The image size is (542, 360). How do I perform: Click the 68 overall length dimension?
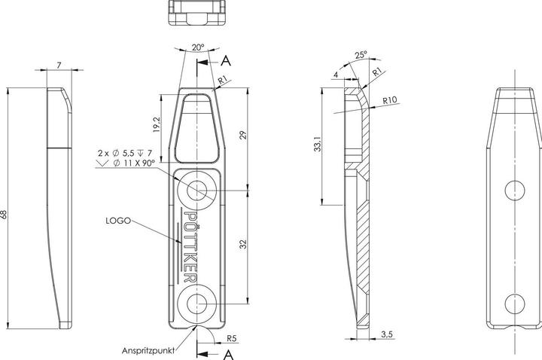(6, 214)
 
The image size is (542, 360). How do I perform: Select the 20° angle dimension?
(197, 47)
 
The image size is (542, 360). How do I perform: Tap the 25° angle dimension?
(361, 54)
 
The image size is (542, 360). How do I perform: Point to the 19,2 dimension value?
(154, 125)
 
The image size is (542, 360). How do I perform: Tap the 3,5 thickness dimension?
(385, 333)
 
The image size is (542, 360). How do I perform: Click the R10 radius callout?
(389, 100)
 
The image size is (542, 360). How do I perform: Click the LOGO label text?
(119, 221)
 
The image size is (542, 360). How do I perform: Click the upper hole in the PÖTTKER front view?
(199, 191)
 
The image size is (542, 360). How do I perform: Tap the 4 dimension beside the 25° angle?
(335, 75)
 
